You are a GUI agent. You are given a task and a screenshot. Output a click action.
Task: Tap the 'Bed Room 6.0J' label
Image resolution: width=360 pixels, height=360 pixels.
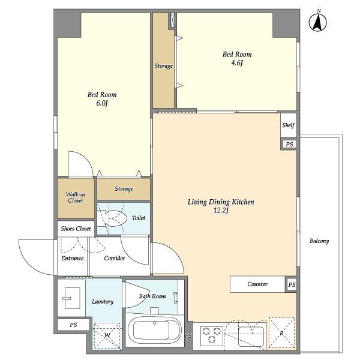(x=102, y=98)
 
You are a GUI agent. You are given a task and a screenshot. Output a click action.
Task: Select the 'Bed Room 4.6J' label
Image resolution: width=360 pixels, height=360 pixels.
(x=237, y=58)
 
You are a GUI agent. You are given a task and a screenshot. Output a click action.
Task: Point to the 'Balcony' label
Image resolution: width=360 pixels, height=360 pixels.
(x=319, y=241)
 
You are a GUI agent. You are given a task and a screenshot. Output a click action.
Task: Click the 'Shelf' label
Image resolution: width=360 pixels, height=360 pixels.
(x=289, y=125)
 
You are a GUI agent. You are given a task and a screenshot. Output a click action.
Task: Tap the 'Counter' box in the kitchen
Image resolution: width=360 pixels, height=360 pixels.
(x=257, y=284)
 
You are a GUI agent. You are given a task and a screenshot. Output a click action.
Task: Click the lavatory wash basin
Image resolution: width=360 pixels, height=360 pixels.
(x=71, y=296)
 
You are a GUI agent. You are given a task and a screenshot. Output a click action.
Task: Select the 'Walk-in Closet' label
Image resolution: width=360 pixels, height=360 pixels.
(x=75, y=197)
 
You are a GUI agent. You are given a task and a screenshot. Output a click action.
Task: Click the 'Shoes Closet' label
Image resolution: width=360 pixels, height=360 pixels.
(x=75, y=229)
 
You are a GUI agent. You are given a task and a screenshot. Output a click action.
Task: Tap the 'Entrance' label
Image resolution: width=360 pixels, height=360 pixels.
(x=72, y=259)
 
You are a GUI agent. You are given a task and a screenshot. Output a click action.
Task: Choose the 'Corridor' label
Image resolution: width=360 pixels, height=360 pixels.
(x=114, y=259)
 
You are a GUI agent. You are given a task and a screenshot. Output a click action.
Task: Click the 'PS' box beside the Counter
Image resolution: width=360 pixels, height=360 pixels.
(x=291, y=284)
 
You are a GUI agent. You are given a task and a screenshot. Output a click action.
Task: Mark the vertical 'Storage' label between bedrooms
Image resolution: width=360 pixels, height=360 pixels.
(x=163, y=66)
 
